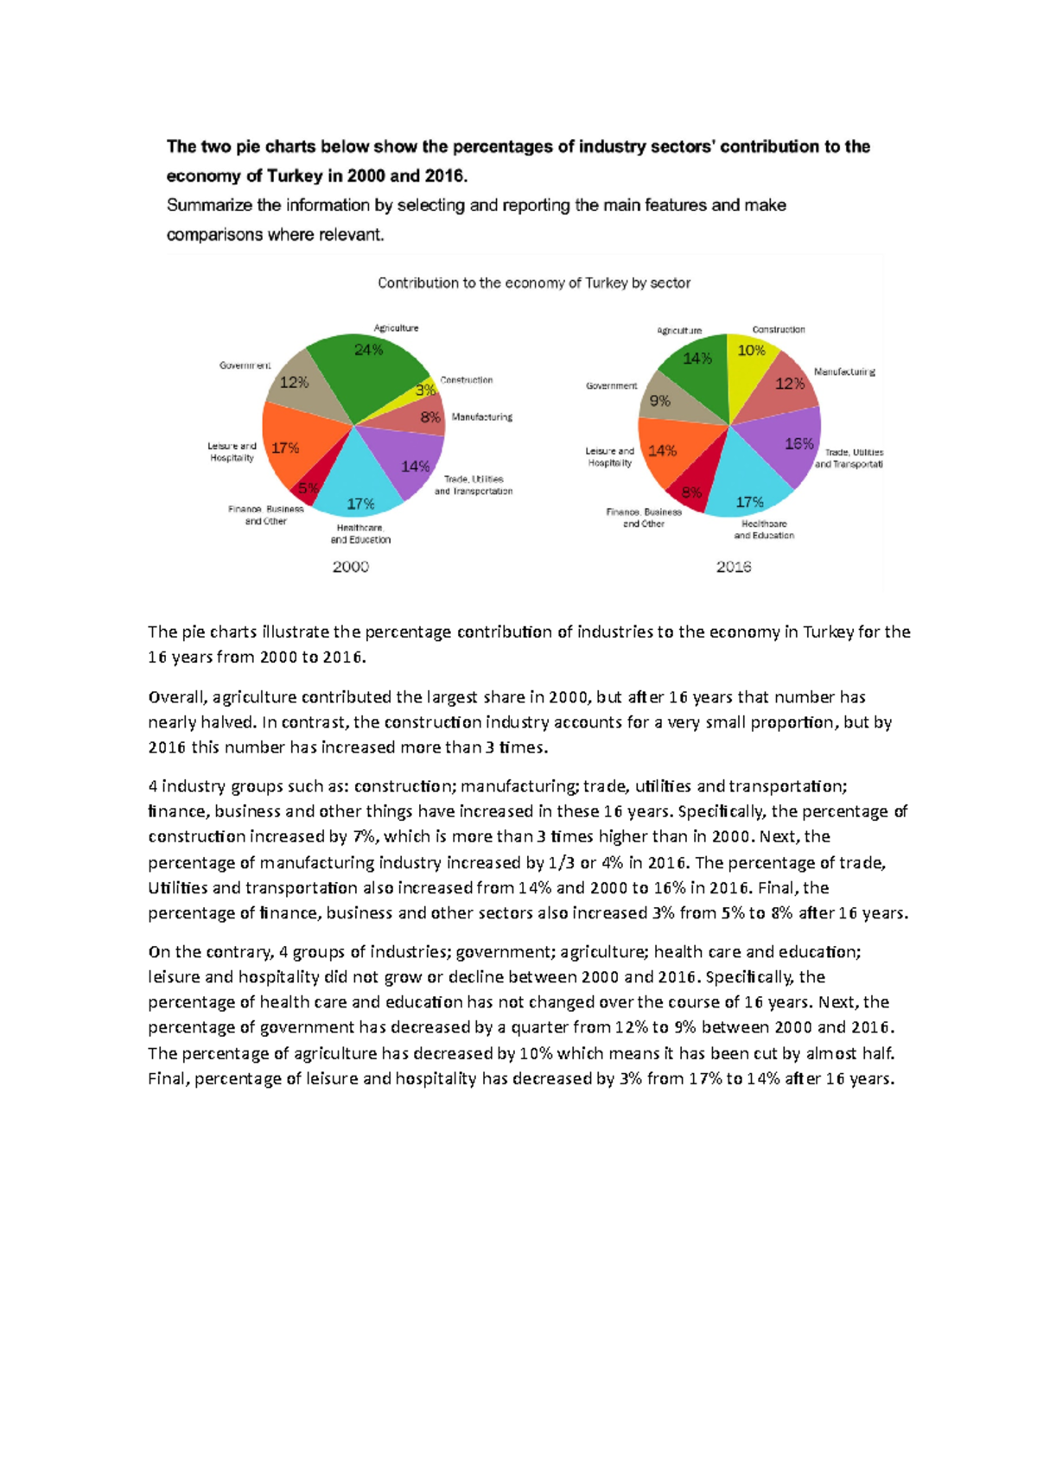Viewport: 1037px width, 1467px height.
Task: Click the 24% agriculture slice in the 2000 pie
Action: (367, 367)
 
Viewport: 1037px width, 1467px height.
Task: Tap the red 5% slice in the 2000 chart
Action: (307, 487)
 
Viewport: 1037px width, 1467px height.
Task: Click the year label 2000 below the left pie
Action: (351, 567)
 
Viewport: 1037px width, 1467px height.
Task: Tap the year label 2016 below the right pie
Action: (734, 567)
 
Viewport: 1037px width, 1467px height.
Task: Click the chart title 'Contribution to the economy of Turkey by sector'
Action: (534, 283)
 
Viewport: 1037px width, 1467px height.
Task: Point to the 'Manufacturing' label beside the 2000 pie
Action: (481, 417)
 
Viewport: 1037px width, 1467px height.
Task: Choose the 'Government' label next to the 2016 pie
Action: (611, 386)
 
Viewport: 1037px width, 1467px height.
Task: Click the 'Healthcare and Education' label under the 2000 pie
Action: (360, 534)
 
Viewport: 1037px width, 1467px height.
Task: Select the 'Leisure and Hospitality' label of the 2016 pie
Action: (609, 457)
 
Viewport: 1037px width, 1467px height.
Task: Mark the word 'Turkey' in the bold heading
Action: (295, 176)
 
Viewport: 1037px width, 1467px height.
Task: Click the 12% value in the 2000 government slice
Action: (294, 382)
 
